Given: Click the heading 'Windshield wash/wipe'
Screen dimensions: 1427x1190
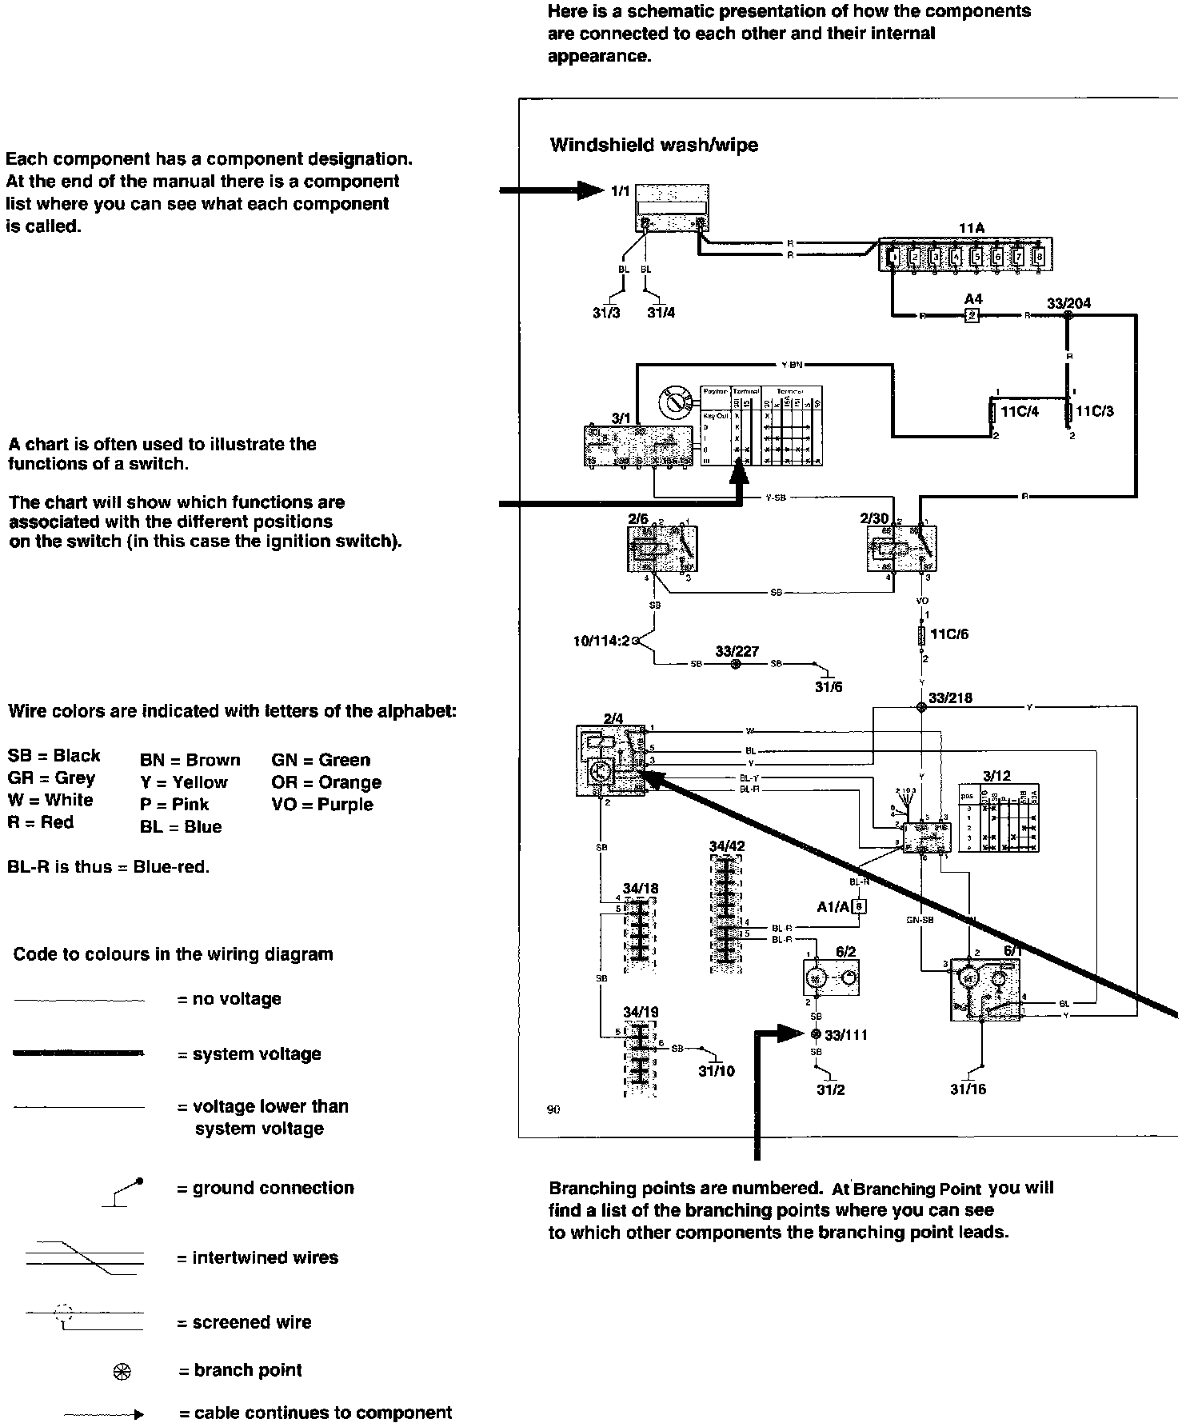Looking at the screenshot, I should pos(653,146).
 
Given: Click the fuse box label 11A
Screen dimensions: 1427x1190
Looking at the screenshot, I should pos(971,229).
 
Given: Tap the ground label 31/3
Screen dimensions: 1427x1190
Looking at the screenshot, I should pos(606,313).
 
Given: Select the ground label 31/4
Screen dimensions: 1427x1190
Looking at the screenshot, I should pos(661,313).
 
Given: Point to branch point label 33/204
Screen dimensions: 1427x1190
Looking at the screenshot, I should pos(1068,303).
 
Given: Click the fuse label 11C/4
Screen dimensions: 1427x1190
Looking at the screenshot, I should pos(1020,411).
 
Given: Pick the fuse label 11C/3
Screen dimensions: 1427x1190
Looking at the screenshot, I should pos(1095,411).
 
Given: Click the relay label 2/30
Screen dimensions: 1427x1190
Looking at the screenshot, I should pos(874,518).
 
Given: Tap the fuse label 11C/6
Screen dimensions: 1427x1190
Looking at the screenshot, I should pos(949,634).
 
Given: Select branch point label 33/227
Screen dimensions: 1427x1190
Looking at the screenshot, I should pos(737,652).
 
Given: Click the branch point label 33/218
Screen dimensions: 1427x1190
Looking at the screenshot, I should pos(950,698).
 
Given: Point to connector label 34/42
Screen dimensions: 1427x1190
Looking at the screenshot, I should pos(726,845).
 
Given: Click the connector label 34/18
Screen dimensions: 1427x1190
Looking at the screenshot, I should pos(641,888).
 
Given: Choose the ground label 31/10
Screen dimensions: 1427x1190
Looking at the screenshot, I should pos(716,1071).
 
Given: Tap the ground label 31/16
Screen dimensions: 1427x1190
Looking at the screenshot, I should pos(968,1089).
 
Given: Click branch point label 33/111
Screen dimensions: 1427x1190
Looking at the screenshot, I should pos(846,1035).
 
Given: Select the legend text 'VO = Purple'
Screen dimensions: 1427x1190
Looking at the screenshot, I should pos(321,805).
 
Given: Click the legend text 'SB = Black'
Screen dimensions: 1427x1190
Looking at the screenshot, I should pos(54,756).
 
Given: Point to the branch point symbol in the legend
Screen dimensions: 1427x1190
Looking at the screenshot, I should pos(122,1371).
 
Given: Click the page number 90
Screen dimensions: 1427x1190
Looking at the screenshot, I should pos(553,1109).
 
